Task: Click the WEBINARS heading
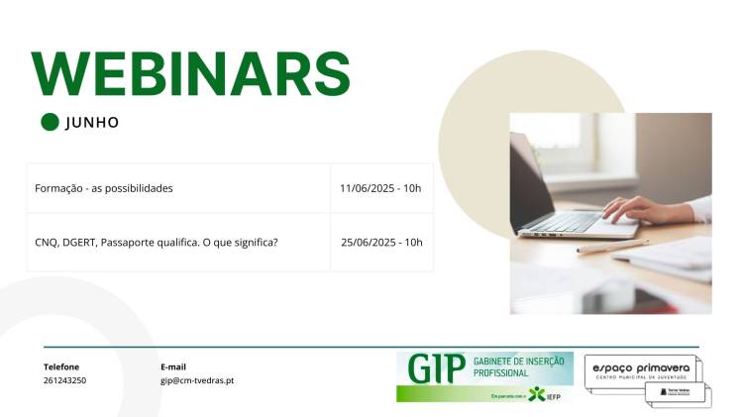191,72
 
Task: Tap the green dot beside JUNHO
50,122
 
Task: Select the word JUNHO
92,123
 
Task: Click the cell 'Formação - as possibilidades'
104,188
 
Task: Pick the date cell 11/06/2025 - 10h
380,188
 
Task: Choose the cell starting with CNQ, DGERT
156,242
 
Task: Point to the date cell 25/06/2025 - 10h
381,242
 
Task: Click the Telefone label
61,366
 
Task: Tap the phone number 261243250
64,380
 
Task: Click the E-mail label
173,366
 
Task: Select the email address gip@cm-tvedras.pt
197,380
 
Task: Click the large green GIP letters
436,368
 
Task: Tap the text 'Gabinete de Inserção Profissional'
519,367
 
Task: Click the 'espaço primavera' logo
641,369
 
